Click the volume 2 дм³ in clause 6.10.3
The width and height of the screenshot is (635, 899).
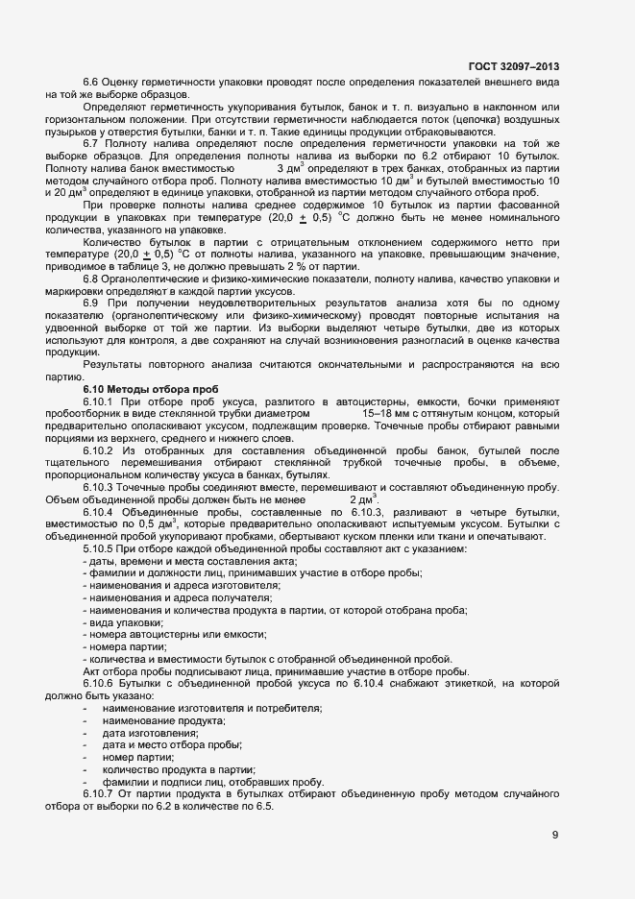tap(364, 499)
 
